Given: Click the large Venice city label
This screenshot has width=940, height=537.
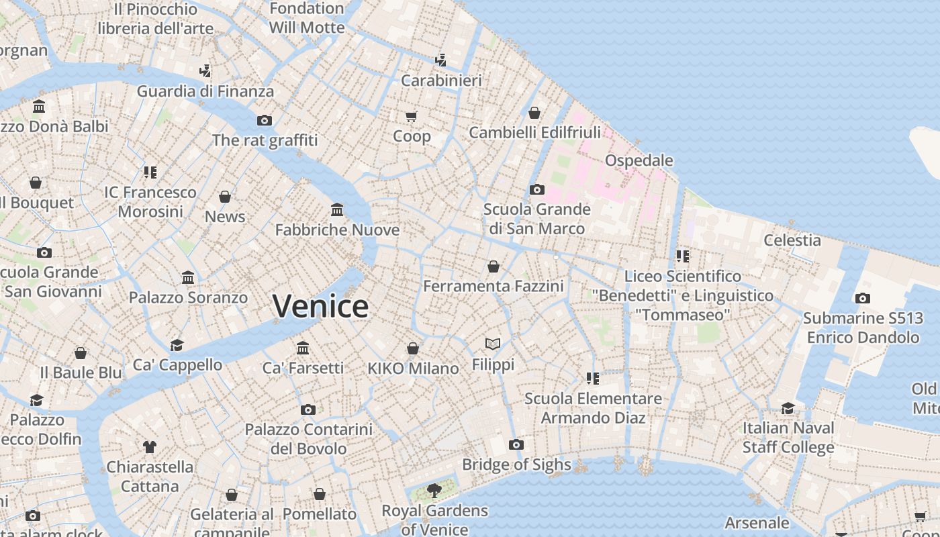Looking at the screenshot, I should click(321, 306).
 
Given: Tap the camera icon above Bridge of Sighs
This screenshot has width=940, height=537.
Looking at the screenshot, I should click(516, 444).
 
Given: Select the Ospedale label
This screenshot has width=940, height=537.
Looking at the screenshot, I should click(639, 160).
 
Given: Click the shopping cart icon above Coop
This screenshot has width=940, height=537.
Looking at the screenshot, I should click(412, 116).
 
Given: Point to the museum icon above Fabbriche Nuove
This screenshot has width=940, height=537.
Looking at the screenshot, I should click(337, 211).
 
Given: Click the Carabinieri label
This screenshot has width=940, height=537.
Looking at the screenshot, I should click(441, 81).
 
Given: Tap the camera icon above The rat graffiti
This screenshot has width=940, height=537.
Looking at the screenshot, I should click(265, 120).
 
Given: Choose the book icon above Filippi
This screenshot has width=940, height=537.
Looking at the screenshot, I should click(493, 344).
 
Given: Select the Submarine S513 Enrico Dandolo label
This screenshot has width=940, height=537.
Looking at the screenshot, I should click(863, 328).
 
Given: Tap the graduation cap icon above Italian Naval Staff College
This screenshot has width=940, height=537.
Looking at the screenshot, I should click(788, 408).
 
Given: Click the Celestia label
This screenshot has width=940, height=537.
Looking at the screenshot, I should click(792, 240).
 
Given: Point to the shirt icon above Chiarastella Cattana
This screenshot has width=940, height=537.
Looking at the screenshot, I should click(149, 446).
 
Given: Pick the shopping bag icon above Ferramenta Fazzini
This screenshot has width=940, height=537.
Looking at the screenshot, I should click(493, 266).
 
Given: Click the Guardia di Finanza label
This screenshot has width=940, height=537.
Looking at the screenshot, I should click(205, 91).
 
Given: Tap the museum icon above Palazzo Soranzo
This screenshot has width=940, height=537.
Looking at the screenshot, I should click(188, 278).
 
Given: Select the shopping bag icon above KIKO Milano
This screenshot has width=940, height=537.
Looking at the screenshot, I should click(413, 348).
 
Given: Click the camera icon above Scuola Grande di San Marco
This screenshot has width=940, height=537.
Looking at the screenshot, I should click(536, 189).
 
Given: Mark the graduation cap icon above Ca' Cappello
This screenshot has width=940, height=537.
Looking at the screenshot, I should click(177, 345).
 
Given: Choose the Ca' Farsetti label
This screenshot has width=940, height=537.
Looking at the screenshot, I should click(303, 368).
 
